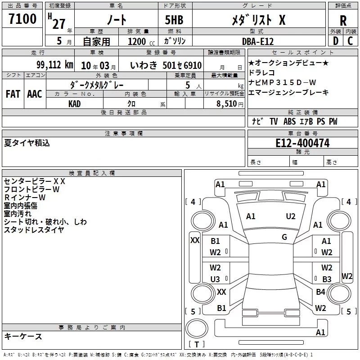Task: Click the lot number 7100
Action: tap(22, 19)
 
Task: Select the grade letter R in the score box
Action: tap(343, 21)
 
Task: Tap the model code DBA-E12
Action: tap(258, 41)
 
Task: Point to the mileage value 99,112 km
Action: tap(55, 65)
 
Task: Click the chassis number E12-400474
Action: tap(302, 143)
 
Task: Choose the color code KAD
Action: tap(74, 104)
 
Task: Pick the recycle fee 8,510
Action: tap(227, 104)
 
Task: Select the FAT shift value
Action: tap(13, 94)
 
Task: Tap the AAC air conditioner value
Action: tap(35, 94)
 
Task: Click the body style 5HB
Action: tap(174, 20)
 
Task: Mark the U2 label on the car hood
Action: tap(290, 216)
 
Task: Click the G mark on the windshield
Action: tap(284, 237)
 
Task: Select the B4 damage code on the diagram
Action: tap(320, 292)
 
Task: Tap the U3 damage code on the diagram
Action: tap(215, 279)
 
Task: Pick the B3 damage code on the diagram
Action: tap(327, 279)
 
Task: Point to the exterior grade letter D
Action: tap(336, 41)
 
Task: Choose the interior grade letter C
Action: tap(350, 41)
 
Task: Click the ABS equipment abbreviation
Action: tap(289, 121)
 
